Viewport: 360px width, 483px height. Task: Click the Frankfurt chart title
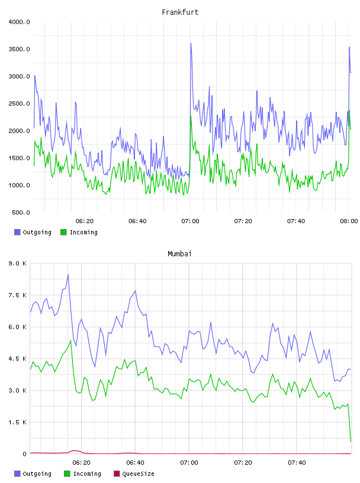[180, 12]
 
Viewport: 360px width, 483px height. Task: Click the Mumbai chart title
[179, 254]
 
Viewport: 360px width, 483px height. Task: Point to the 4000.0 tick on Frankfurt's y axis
[20, 22]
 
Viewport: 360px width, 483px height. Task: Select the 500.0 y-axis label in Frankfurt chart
[21, 212]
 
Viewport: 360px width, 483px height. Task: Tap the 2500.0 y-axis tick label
[20, 104]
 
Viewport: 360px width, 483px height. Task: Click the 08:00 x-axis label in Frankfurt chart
[349, 221]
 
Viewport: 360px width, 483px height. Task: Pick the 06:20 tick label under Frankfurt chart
[85, 221]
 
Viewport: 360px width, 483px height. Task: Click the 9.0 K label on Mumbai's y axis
[18, 263]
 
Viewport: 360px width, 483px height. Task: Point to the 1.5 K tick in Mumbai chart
[18, 422]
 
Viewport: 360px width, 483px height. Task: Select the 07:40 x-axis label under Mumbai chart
[297, 463]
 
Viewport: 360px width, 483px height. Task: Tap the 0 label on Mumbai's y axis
[24, 454]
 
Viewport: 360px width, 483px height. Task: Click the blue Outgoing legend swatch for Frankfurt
[17, 232]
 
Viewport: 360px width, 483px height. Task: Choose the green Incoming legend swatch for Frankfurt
[63, 232]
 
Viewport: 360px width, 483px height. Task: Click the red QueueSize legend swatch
[117, 474]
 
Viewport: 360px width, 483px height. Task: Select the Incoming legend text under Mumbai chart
[87, 474]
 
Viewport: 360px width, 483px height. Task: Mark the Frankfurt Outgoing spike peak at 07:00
[191, 43]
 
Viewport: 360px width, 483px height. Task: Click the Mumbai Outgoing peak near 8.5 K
[68, 274]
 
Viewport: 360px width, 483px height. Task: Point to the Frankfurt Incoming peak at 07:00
[191, 115]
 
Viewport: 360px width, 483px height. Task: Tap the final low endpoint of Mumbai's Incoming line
[351, 442]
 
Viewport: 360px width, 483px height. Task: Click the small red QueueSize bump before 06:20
[75, 450]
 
